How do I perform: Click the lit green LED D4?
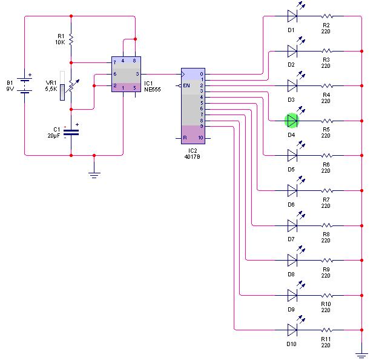pos(292,119)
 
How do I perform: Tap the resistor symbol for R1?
pos(71,40)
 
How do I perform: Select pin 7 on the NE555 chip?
pos(114,62)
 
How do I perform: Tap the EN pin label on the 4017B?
pos(187,85)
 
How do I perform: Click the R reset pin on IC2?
pos(185,138)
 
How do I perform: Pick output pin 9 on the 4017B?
pos(202,127)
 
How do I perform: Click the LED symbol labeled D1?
pos(292,15)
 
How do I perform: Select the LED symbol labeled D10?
pos(292,330)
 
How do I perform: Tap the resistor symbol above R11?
pos(328,330)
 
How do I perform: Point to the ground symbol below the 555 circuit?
pos(94,175)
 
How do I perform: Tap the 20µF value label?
pos(52,136)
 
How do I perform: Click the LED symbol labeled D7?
pos(292,225)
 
